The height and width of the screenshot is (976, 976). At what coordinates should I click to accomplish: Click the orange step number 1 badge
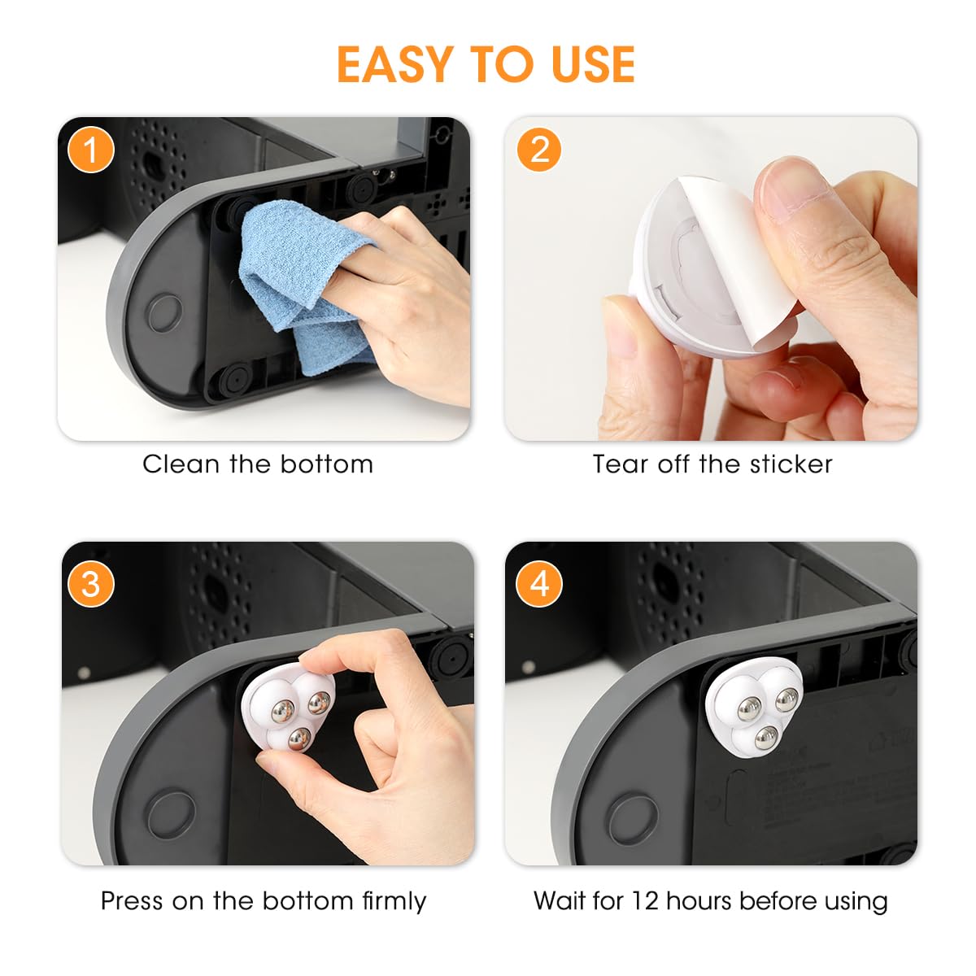pos(90,150)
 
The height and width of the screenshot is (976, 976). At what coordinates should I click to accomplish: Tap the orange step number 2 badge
pos(538,150)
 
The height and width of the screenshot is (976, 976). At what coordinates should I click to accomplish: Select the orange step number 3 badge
pos(90,584)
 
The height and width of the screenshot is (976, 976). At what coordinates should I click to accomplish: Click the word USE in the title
pos(592,65)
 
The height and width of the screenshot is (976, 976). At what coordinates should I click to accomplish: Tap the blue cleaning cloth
pos(301,277)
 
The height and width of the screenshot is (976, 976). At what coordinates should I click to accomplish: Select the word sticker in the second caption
pos(791,464)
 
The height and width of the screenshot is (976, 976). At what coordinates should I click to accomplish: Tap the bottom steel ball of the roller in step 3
pos(298,739)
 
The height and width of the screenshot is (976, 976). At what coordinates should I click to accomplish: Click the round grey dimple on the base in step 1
pos(164,312)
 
